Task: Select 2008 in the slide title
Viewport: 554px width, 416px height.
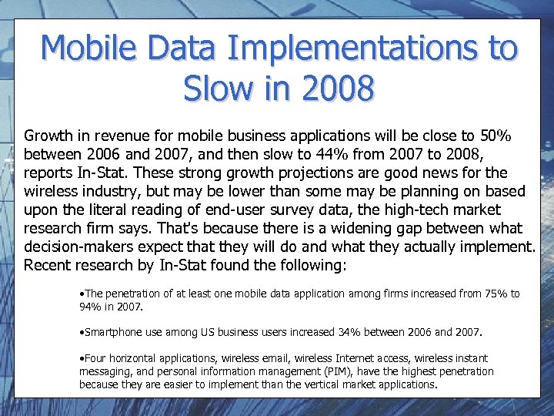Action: pos(337,89)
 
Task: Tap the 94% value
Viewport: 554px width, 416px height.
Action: pos(92,306)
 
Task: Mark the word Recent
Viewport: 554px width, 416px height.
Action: pos(48,266)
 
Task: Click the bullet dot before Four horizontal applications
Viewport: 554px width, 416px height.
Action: pos(82,358)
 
